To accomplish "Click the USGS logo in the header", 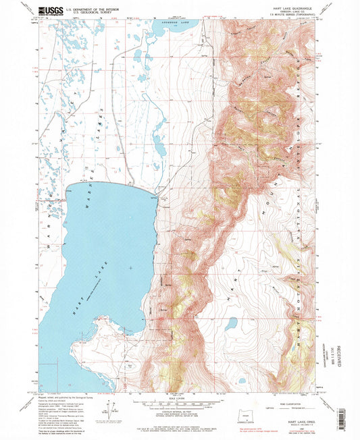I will coord(53,10).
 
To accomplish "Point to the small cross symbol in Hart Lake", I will coord(129,267).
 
